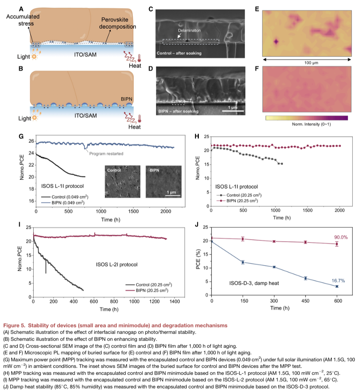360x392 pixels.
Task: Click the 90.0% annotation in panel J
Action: pos(330,237)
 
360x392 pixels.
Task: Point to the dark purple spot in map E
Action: pos(275,41)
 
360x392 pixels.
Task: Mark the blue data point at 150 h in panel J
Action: pos(243,262)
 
